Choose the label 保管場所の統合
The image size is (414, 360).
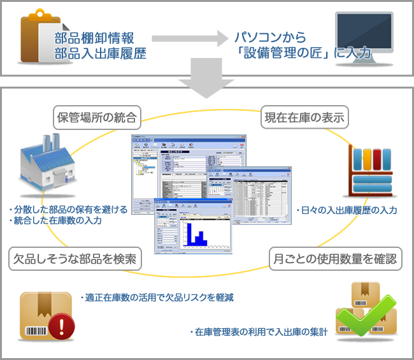(97, 117)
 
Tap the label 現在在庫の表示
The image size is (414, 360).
(303, 117)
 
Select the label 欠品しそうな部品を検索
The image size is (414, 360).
(74, 259)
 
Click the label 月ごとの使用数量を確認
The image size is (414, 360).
(335, 259)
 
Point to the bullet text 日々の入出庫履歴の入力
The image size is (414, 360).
(347, 210)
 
